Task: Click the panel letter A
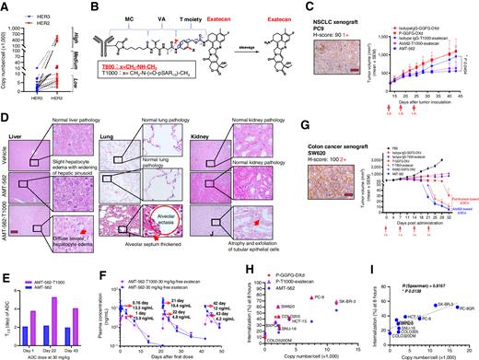tap(5, 6)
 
